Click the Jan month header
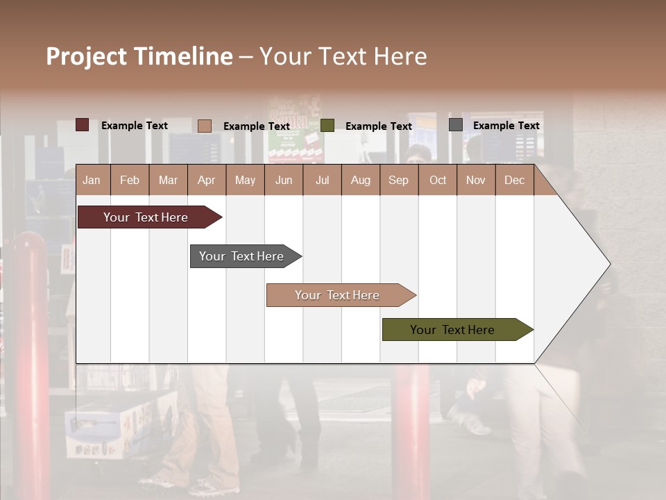pyautogui.click(x=92, y=180)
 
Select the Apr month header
pyautogui.click(x=206, y=180)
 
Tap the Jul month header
pyautogui.click(x=322, y=180)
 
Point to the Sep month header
pyautogui.click(x=398, y=180)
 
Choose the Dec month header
pyautogui.click(x=514, y=180)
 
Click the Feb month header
pyautogui.click(x=130, y=180)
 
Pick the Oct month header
pyautogui.click(x=438, y=180)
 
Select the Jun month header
pyautogui.click(x=284, y=180)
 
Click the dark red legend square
pyautogui.click(x=83, y=125)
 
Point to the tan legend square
pyautogui.click(x=205, y=126)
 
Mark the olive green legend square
pyautogui.click(x=327, y=126)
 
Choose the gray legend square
pyautogui.click(x=456, y=125)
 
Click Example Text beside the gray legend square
pyautogui.click(x=506, y=125)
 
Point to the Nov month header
pyautogui.click(x=476, y=180)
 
